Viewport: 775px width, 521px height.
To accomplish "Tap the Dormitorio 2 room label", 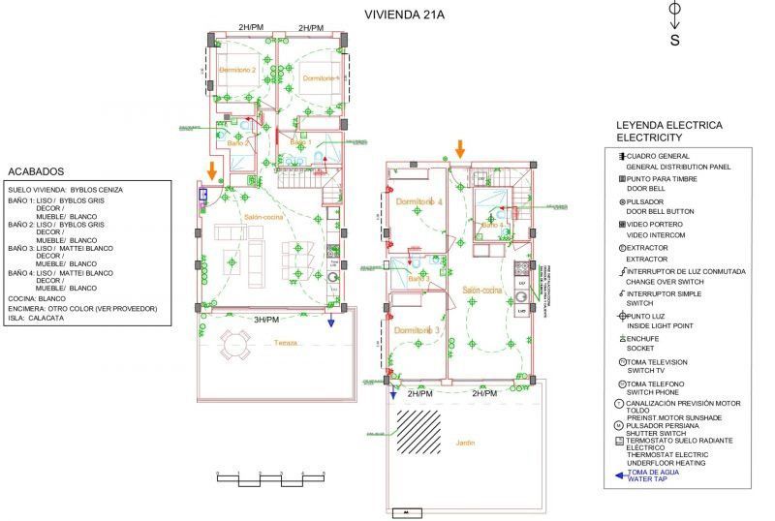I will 237,71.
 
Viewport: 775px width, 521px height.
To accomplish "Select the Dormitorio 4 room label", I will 418,200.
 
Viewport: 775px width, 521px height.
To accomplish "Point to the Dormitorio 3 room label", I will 418,330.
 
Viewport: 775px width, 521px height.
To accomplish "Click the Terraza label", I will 286,343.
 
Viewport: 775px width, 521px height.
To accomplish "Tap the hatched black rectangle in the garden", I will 427,425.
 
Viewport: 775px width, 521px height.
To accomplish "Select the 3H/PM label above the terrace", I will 266,319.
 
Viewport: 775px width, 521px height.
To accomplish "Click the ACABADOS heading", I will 36,169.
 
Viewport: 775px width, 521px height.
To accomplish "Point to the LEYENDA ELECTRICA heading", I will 669,126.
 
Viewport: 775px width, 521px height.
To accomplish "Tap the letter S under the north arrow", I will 675,40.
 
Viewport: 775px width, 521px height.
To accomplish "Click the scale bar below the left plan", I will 271,475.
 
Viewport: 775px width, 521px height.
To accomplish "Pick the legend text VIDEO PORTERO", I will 656,225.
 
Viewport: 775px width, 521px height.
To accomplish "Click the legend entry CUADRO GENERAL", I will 659,156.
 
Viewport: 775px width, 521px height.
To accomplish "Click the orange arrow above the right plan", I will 460,148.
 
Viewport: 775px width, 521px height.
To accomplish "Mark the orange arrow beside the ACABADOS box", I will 211,169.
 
